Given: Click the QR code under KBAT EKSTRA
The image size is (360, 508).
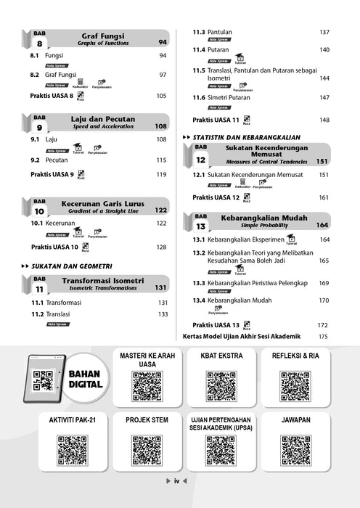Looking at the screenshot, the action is [x=221, y=386].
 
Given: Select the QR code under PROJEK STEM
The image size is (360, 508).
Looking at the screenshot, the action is [x=147, y=450].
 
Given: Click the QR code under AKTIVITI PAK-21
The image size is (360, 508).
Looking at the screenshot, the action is [x=73, y=450].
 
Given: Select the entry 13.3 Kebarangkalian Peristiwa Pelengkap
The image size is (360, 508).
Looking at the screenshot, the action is [x=247, y=282].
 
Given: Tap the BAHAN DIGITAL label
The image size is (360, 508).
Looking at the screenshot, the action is [x=85, y=379].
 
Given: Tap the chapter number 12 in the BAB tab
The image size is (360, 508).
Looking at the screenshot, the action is [x=200, y=160].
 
